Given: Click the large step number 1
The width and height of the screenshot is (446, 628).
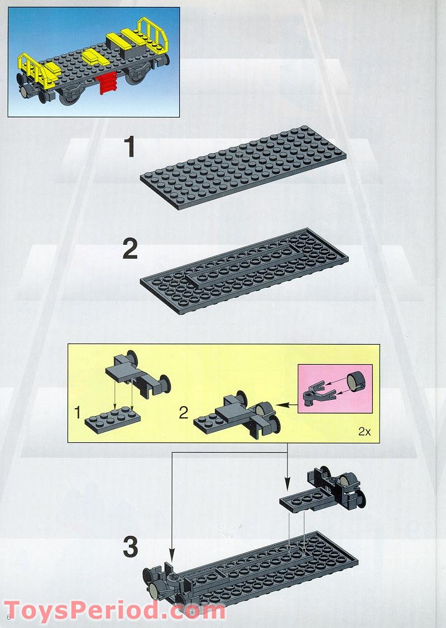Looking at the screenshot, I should (x=130, y=148).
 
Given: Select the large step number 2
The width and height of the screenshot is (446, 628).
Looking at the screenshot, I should (x=130, y=249).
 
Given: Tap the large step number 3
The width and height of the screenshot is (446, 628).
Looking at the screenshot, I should (x=130, y=547).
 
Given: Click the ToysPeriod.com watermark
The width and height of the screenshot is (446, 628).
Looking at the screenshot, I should (x=115, y=611).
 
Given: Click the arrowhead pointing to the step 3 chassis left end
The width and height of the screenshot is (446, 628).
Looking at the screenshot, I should (x=172, y=557).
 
